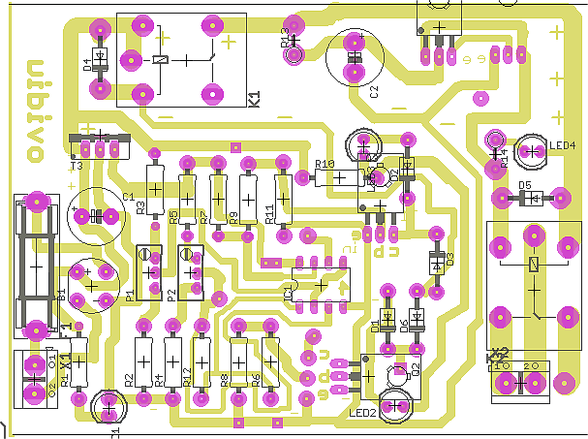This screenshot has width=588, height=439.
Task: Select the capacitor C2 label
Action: [374, 90]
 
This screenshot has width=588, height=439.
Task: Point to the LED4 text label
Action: [562, 146]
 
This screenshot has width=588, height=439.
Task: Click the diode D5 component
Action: [530, 199]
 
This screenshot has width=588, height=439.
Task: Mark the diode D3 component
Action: [436, 261]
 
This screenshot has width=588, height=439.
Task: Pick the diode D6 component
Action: [417, 316]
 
